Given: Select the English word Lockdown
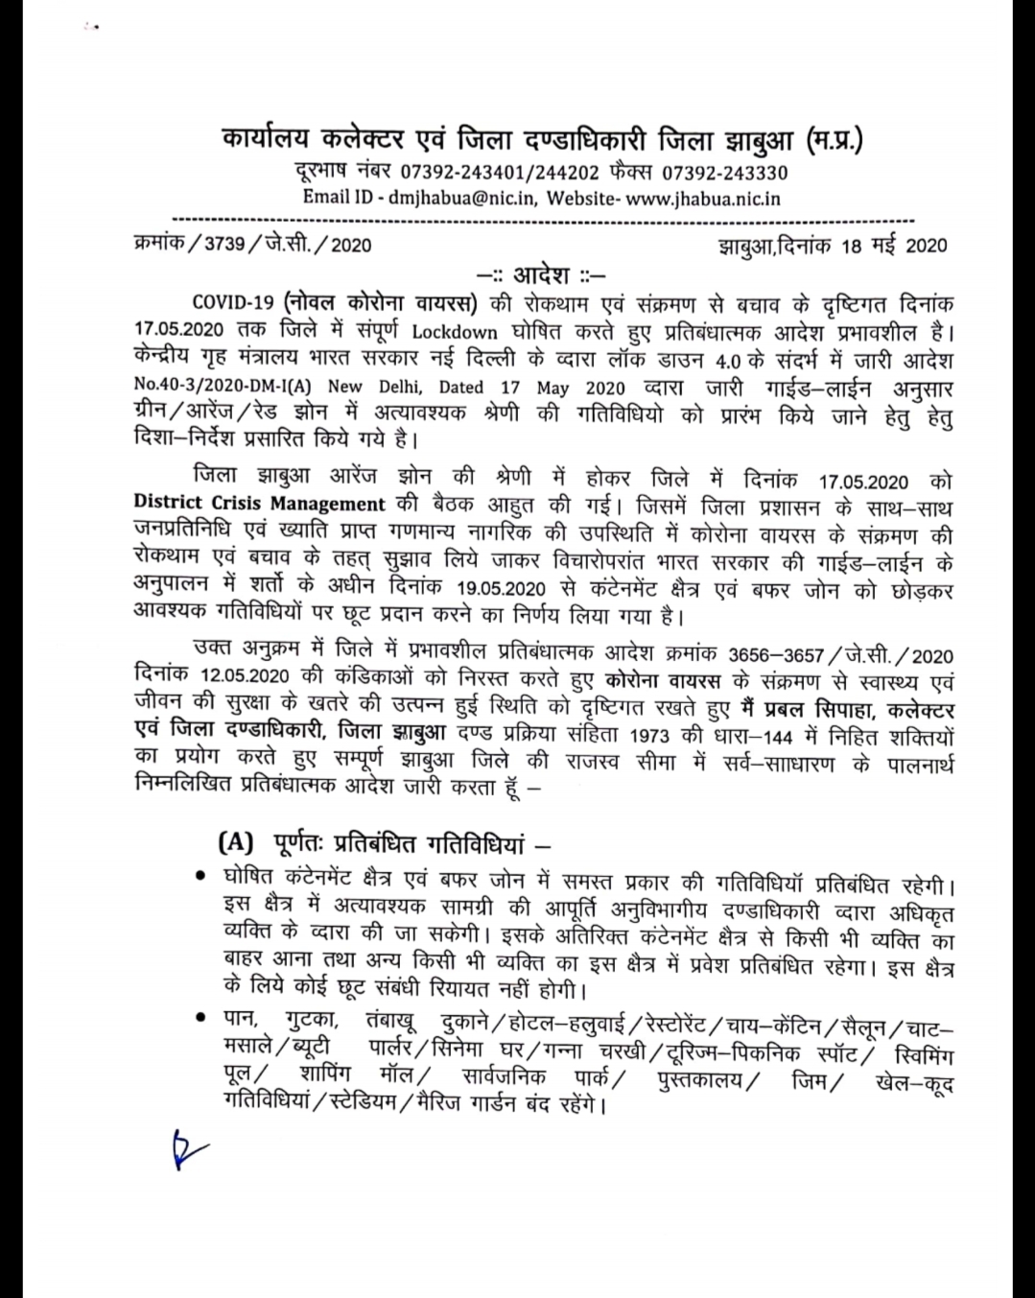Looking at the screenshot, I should [456, 332].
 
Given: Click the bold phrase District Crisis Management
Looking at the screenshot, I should [259, 504].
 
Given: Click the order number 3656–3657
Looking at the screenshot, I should [775, 656].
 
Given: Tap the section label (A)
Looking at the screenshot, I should [235, 843].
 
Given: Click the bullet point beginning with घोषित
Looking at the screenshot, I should [200, 875].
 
